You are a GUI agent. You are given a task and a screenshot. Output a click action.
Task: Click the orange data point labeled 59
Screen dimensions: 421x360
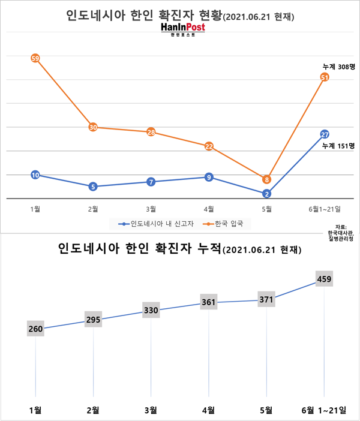pos(35,58)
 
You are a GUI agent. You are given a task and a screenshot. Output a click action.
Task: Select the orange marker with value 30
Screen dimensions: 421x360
pos(93,127)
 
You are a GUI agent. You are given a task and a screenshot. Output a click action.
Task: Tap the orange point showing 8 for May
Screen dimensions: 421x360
pos(266,179)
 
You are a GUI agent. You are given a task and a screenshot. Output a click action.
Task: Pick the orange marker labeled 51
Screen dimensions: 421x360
pos(325,77)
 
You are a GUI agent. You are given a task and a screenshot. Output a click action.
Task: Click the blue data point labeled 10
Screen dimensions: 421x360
pos(35,175)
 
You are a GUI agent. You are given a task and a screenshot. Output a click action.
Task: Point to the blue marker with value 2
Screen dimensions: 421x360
pos(266,193)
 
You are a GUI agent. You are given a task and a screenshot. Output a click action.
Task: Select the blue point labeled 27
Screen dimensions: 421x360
pos(325,134)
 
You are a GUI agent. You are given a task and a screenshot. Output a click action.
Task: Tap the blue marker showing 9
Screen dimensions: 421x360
pos(209,177)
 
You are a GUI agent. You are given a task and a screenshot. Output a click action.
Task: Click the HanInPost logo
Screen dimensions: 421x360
pos(183,29)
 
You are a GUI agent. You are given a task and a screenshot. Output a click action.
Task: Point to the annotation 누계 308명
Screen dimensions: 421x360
pos(338,67)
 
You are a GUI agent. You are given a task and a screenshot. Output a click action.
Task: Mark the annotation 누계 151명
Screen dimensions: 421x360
pos(338,146)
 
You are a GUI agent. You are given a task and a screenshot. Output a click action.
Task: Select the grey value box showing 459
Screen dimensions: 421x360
pos(325,278)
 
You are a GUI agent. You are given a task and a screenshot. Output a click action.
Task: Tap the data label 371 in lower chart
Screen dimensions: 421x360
pos(266,299)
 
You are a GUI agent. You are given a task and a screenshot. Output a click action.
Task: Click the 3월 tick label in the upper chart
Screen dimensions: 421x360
pos(151,209)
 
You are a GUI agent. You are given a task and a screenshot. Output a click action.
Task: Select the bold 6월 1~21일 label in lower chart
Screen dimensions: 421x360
pos(324,410)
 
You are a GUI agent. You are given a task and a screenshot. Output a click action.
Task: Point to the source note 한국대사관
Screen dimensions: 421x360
pos(341,233)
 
